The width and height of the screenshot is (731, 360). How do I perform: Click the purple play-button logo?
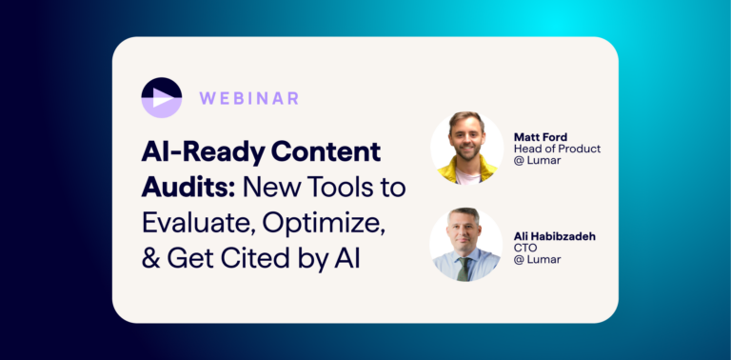point(161,97)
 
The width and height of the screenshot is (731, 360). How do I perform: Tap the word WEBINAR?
point(249,97)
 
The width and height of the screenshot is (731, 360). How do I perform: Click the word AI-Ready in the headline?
point(196,151)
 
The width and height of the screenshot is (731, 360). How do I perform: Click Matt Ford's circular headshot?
point(466,148)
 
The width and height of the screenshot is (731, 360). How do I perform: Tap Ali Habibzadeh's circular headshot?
point(466,244)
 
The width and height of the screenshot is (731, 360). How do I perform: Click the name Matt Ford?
point(541,137)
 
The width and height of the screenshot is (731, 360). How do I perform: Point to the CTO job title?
point(526,249)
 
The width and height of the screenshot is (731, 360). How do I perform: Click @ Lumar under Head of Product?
point(537,162)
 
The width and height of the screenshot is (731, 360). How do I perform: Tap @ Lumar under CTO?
point(537,261)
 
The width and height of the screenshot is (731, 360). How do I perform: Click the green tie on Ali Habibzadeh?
point(464,269)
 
